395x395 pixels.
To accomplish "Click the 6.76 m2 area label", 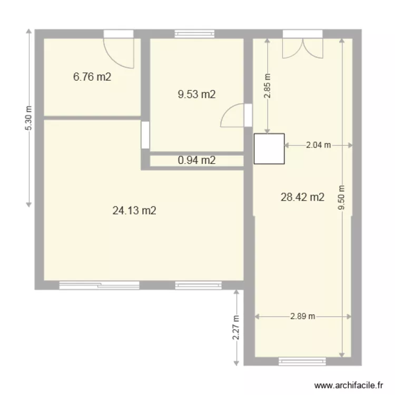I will pyautogui.click(x=92, y=77).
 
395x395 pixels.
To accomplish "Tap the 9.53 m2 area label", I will pyautogui.click(x=197, y=95).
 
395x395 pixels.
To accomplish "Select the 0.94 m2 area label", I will pyautogui.click(x=197, y=161).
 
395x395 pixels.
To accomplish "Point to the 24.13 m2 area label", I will pyautogui.click(x=134, y=211).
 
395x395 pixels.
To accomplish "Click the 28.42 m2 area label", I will pyautogui.click(x=302, y=197).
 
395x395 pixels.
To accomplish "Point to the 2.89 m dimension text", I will pyautogui.click(x=302, y=317).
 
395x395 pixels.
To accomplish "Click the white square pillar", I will pyautogui.click(x=269, y=149).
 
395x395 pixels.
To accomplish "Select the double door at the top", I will pyautogui.click(x=302, y=45).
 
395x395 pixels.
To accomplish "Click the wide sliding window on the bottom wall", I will pyautogui.click(x=100, y=285).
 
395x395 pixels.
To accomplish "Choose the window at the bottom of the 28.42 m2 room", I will pyautogui.click(x=302, y=361).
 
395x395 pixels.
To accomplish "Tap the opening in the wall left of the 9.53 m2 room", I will pyautogui.click(x=145, y=135).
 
